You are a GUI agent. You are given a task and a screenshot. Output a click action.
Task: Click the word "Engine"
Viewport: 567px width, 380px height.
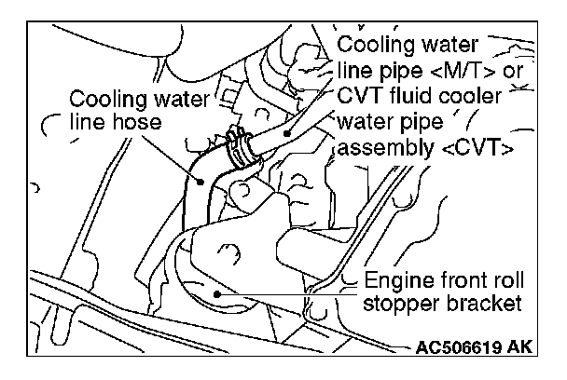click(x=395, y=279)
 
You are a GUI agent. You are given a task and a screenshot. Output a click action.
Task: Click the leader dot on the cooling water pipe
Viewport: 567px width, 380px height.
click(x=288, y=133)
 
